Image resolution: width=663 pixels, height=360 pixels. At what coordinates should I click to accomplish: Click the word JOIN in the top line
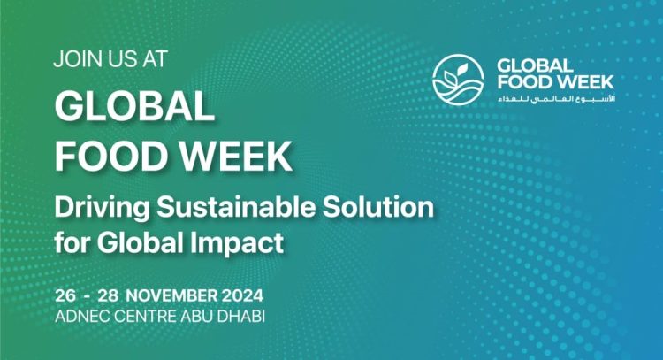coord(76,60)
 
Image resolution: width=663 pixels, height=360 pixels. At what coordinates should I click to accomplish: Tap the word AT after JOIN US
coord(150,60)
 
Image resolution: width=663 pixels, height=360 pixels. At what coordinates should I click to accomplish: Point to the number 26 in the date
coord(64,295)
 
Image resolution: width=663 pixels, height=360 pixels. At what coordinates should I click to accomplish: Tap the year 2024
coord(244,295)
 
